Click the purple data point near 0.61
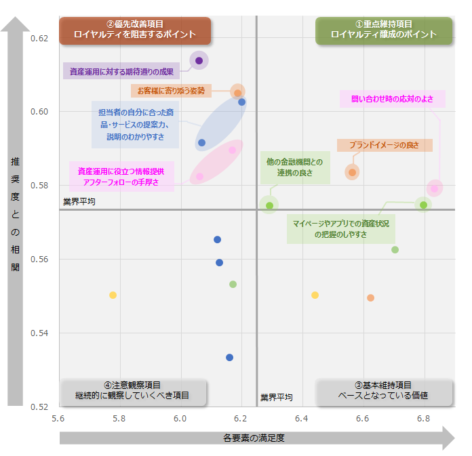(199, 61)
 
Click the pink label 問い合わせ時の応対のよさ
(393, 99)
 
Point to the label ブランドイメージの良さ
(385, 146)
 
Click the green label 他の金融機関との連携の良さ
(295, 167)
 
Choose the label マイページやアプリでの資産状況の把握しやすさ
(341, 229)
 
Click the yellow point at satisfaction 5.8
(113, 295)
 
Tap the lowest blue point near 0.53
(230, 357)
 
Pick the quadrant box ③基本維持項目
(384, 391)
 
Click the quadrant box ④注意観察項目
(133, 391)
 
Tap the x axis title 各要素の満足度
(254, 438)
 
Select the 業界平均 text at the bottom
(277, 397)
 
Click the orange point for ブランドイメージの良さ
(352, 172)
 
